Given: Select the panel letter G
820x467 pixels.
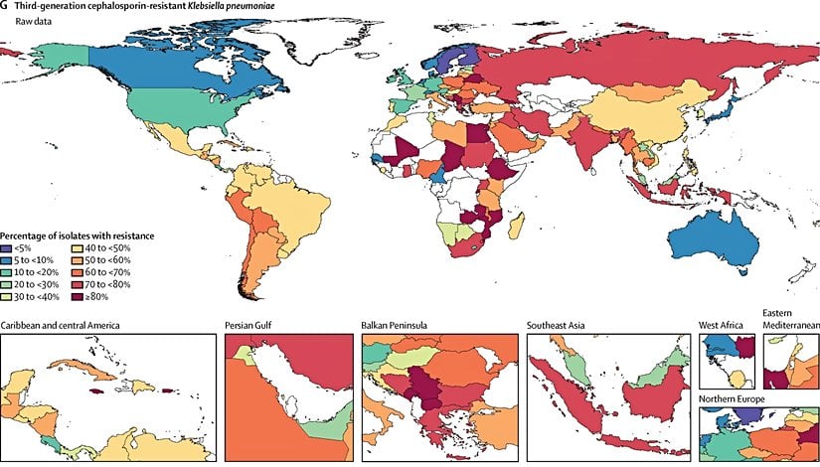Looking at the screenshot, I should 5,6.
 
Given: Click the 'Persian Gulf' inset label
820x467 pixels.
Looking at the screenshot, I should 252,326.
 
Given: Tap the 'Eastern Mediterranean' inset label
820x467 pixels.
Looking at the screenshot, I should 789,319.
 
